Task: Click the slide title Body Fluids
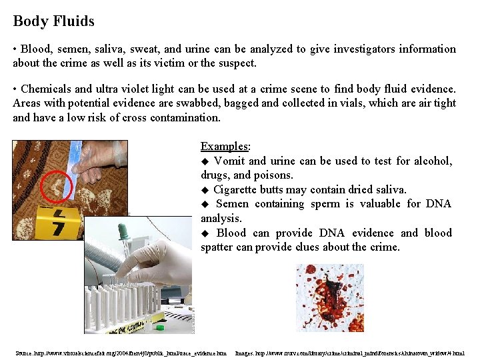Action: coord(53,21)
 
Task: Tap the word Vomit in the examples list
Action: coord(229,161)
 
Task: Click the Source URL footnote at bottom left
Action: coord(121,353)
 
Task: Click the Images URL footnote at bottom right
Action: coord(350,353)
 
